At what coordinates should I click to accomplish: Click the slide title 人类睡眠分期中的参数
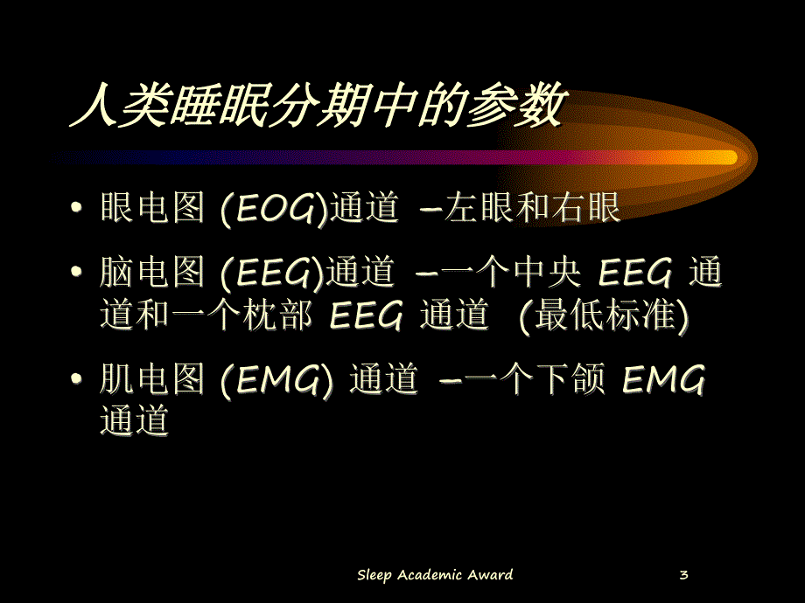315,107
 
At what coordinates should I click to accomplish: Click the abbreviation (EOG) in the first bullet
272,210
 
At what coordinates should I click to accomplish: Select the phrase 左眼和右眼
532,210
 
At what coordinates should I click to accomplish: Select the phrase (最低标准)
603,317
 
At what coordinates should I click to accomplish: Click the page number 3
683,574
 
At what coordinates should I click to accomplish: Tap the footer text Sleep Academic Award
435,574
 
